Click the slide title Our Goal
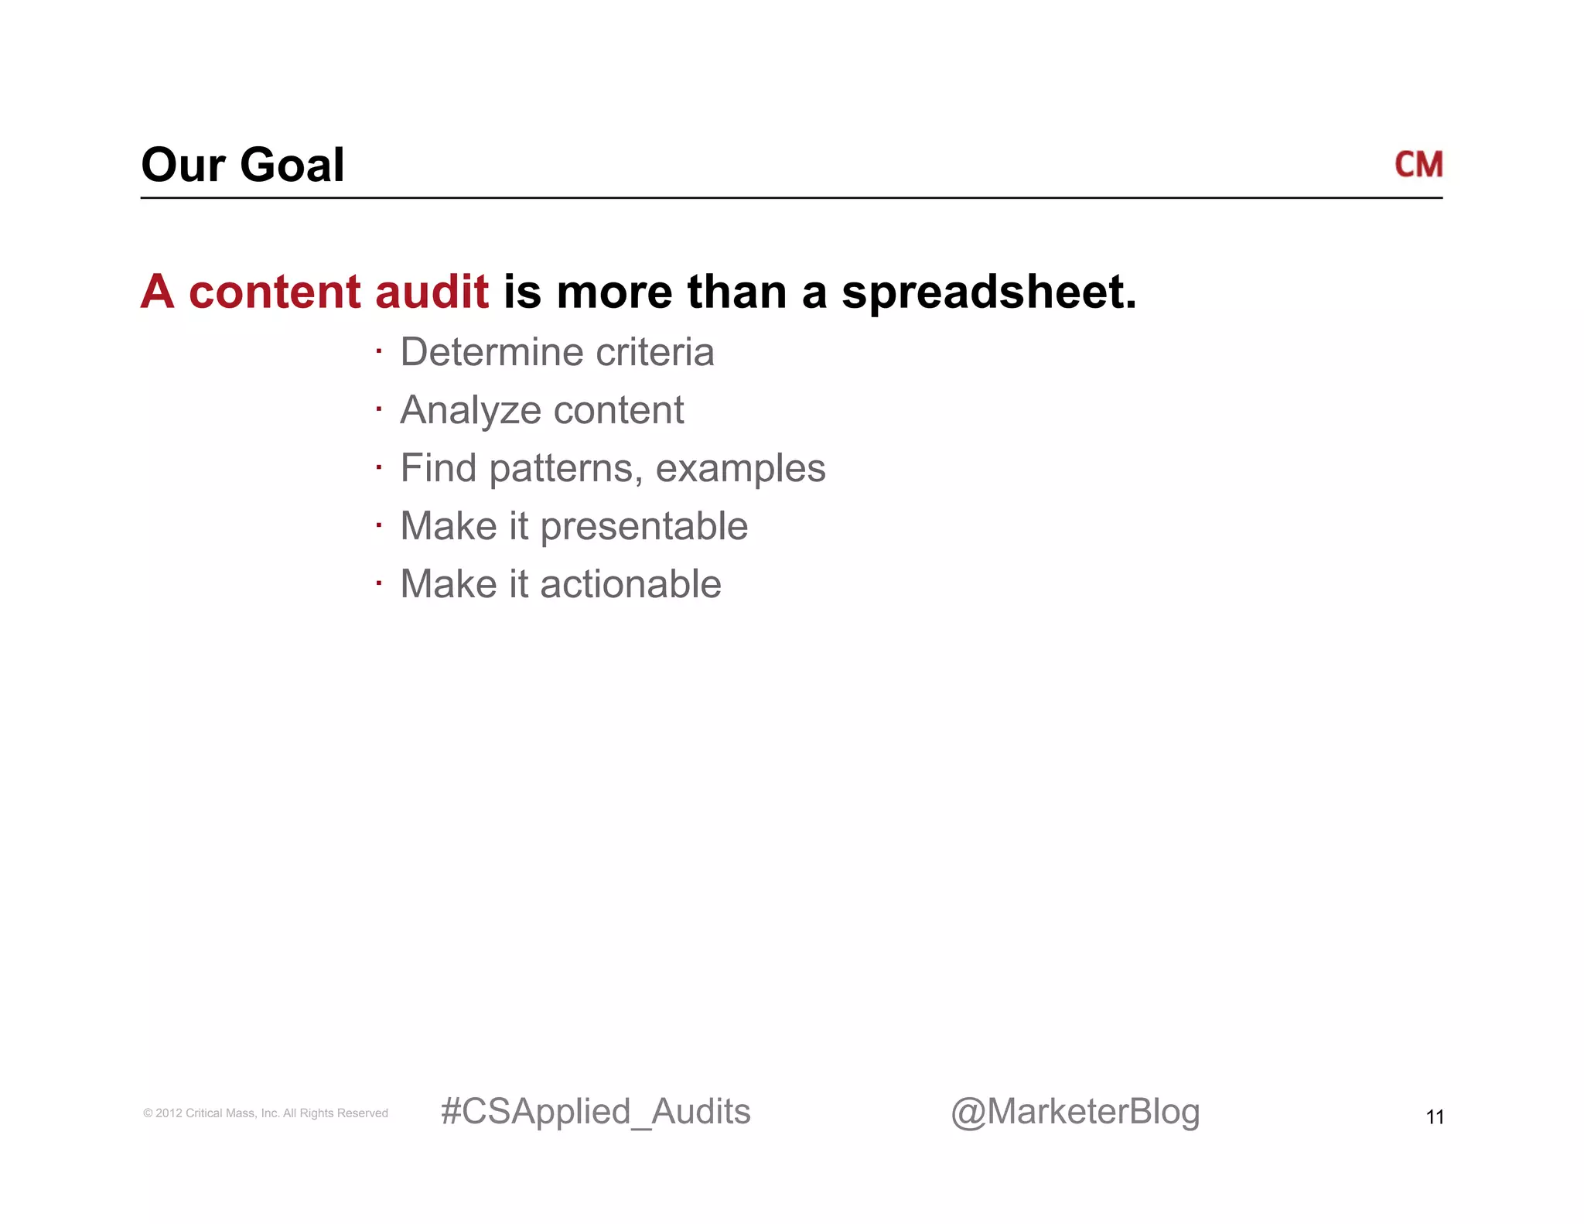[x=242, y=165]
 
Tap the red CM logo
[x=1418, y=165]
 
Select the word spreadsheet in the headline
[x=988, y=293]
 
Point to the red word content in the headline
[x=275, y=292]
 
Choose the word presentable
[x=643, y=527]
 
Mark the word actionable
[x=630, y=584]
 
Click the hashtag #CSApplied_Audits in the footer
[x=595, y=1112]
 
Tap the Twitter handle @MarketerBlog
[x=1075, y=1112]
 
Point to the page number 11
[x=1435, y=1117]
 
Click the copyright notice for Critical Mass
[x=265, y=1113]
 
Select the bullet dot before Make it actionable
[x=379, y=583]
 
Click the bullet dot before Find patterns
[x=379, y=467]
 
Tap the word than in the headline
[x=736, y=292]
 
